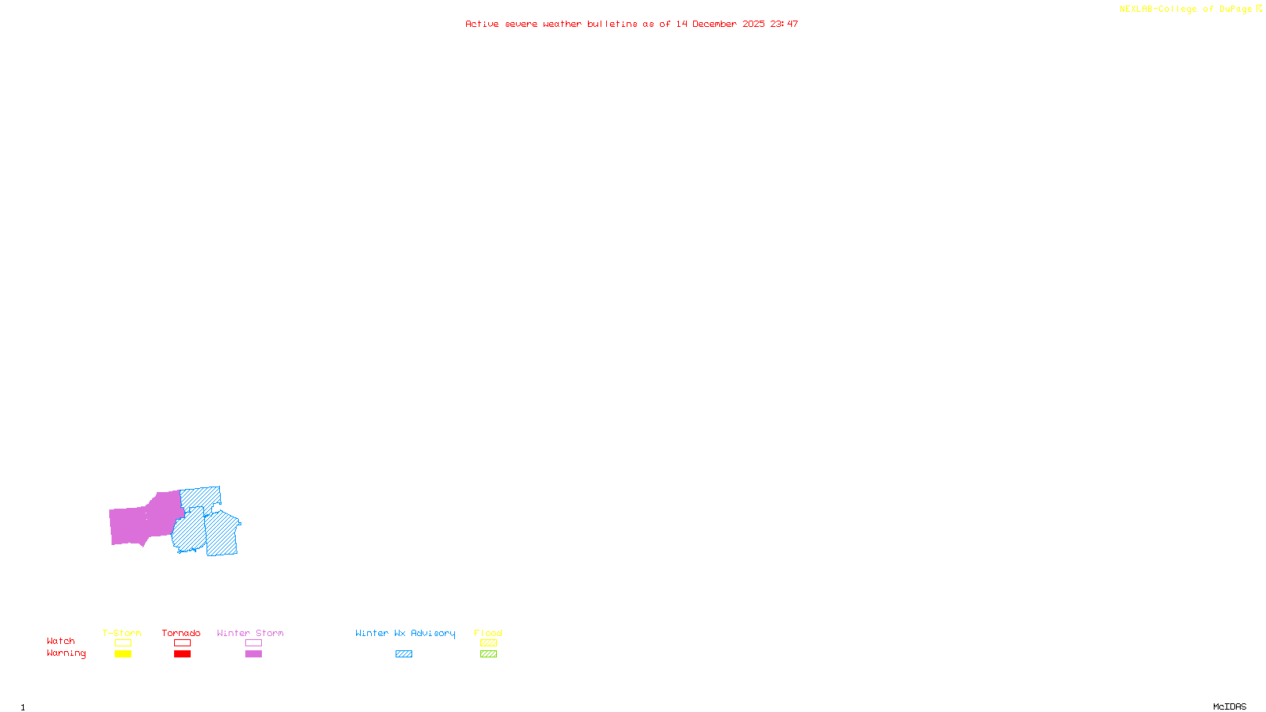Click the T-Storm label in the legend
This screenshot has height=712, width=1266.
click(x=122, y=633)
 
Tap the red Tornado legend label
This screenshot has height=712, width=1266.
click(x=181, y=633)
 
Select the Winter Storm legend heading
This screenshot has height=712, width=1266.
click(x=250, y=633)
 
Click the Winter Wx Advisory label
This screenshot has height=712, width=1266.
click(x=405, y=633)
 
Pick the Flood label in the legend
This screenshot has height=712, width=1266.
click(x=488, y=633)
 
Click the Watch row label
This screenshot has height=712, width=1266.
click(x=61, y=641)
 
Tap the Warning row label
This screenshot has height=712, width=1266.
click(x=66, y=653)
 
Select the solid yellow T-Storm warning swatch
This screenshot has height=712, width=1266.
click(x=123, y=654)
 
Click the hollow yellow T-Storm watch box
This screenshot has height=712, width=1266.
click(x=123, y=643)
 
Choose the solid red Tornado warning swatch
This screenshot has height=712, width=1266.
click(x=182, y=654)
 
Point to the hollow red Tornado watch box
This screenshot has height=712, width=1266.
click(x=182, y=643)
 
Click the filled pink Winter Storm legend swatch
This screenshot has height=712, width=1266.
click(x=253, y=654)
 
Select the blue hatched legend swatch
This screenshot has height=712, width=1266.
click(x=404, y=654)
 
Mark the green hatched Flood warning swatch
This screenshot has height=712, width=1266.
click(x=488, y=654)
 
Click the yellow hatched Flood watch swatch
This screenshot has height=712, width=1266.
click(x=488, y=643)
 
